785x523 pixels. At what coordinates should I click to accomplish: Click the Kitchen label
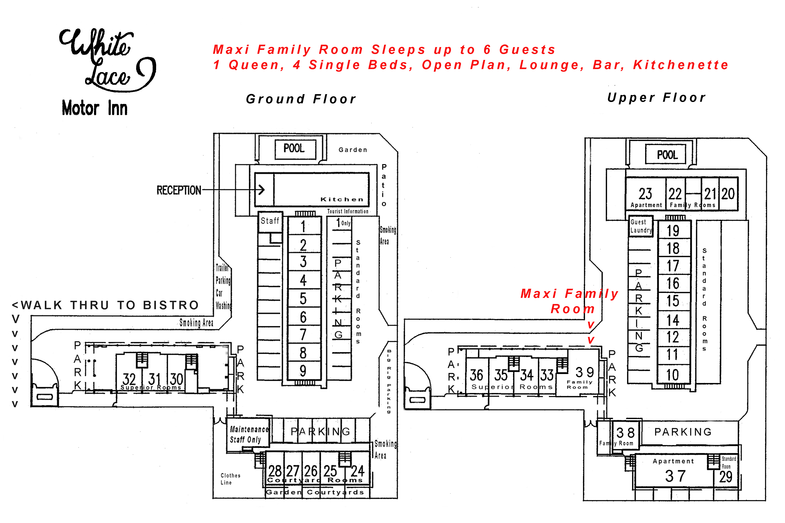click(x=341, y=199)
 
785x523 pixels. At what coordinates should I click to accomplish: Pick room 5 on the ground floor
click(x=303, y=299)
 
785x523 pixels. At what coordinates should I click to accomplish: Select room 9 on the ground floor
click(x=303, y=371)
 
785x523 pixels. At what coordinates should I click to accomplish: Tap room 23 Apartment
click(x=646, y=195)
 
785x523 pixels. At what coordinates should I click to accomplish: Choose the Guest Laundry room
click(x=640, y=226)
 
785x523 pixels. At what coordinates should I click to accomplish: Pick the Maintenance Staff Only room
click(x=249, y=434)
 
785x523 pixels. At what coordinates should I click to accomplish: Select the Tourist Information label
click(x=348, y=211)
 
